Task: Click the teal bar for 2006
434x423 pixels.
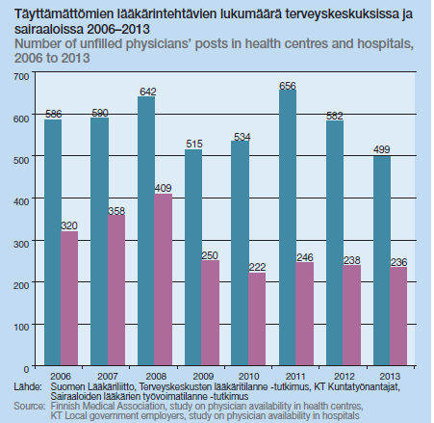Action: (53, 242)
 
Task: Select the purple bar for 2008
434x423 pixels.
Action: (164, 279)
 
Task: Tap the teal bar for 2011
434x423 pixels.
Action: (288, 227)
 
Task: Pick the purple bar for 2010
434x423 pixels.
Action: (257, 319)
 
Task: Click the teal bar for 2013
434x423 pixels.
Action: (382, 260)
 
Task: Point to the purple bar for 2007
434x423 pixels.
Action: (116, 290)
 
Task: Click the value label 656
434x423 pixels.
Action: (288, 86)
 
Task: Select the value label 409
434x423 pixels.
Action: (163, 188)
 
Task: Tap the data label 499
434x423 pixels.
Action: (381, 149)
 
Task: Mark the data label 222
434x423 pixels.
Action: (257, 267)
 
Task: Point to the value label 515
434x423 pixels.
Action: (194, 144)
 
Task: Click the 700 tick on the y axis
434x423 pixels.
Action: (21, 76)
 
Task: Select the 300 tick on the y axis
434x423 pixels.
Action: (21, 244)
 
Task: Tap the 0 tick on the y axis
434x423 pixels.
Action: (26, 369)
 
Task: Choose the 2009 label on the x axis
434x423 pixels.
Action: (203, 376)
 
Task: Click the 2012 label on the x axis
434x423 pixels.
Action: (345, 376)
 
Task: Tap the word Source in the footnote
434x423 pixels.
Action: (30, 406)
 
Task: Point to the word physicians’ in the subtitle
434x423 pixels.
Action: (159, 44)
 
